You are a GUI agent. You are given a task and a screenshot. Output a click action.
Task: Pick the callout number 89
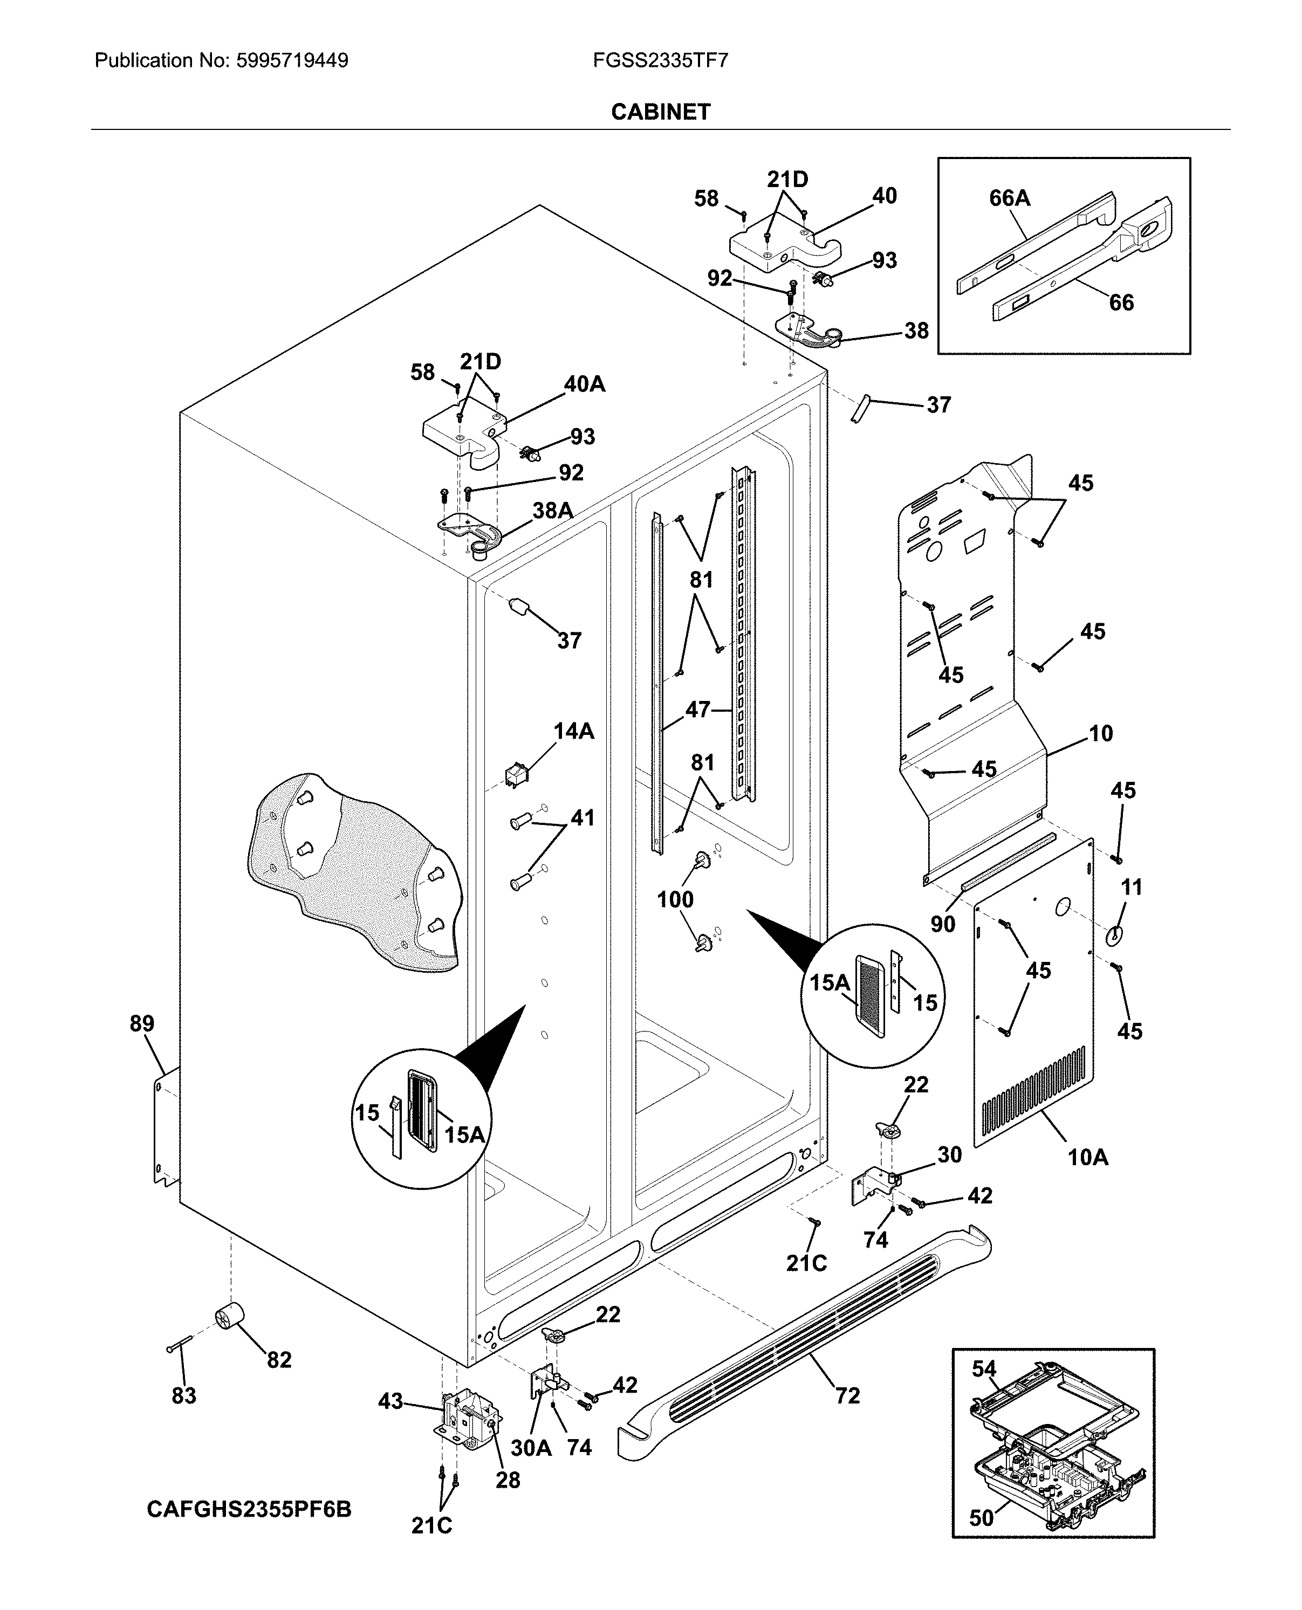click(142, 1023)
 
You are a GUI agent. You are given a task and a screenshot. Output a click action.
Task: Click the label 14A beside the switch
click(574, 731)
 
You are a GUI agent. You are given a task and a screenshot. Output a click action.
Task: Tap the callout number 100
click(675, 899)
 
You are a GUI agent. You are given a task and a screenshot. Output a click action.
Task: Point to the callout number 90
click(943, 924)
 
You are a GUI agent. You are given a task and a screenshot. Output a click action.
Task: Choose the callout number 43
click(390, 1401)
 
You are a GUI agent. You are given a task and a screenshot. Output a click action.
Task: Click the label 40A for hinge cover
click(584, 384)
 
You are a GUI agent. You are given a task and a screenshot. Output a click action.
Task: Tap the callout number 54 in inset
click(984, 1368)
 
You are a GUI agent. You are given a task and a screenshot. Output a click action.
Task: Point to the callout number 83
click(184, 1395)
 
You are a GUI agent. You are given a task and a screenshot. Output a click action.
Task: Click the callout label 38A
click(553, 511)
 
